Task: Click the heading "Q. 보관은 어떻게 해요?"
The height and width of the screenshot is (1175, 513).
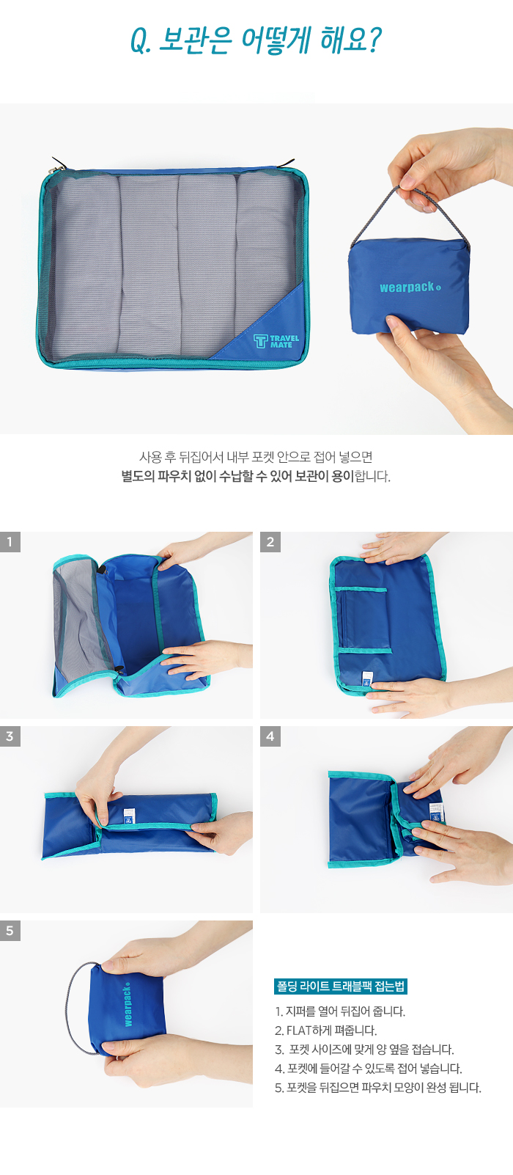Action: tap(256, 40)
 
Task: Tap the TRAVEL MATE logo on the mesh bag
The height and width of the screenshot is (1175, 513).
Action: tap(276, 341)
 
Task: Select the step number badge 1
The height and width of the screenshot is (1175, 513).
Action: tap(10, 542)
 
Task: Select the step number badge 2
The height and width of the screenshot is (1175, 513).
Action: tap(270, 542)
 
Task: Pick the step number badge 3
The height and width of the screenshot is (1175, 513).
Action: tap(10, 736)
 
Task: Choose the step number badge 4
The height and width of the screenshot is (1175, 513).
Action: tap(270, 736)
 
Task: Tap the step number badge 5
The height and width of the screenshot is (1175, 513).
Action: tap(10, 931)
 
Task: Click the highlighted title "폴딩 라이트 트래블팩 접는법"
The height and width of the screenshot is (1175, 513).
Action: tap(341, 987)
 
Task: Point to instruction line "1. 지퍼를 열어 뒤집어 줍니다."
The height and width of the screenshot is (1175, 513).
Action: tap(340, 1011)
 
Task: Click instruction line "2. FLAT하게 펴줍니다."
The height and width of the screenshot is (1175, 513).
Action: tap(326, 1031)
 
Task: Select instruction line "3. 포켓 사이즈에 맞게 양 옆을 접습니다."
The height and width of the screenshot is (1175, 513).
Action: tap(364, 1049)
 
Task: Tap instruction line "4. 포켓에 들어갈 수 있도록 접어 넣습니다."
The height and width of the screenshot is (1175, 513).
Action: tap(369, 1068)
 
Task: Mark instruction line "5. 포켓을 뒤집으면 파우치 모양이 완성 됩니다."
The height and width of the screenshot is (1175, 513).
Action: tap(378, 1088)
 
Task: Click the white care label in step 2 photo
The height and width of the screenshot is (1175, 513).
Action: tap(368, 678)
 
